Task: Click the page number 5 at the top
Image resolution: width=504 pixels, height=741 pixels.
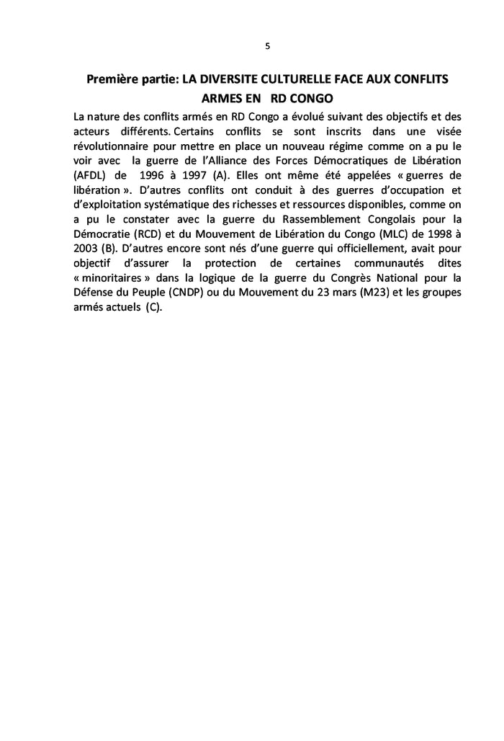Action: (x=267, y=46)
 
